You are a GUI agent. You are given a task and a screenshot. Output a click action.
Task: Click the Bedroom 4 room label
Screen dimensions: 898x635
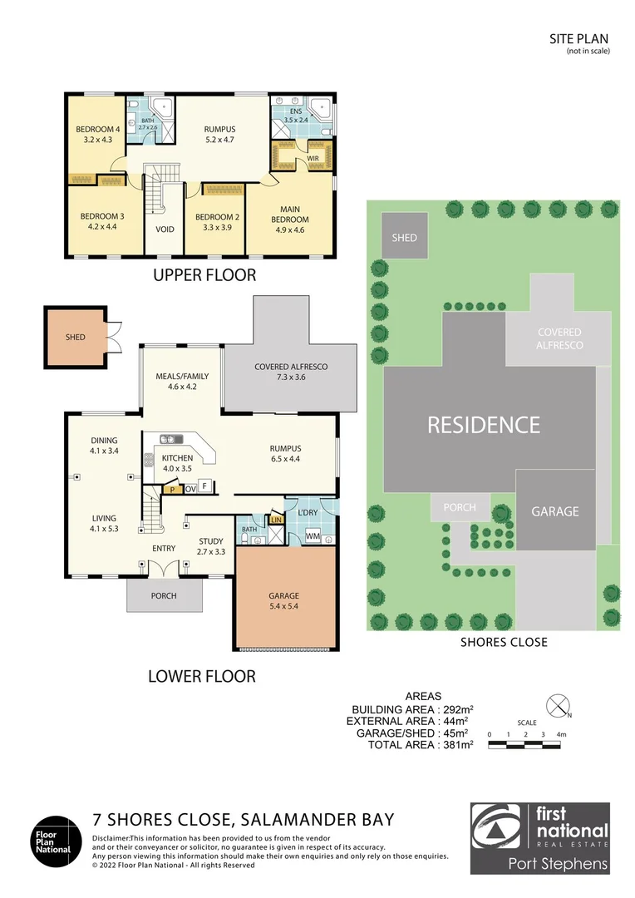click(98, 135)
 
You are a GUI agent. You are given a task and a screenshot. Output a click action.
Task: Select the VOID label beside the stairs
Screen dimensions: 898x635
click(165, 229)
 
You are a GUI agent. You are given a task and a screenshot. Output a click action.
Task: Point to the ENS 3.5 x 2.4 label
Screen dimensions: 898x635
click(296, 116)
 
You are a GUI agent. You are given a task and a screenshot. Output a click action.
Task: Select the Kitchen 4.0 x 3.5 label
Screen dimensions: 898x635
click(177, 463)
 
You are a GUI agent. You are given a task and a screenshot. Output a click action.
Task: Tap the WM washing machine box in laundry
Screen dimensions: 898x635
click(313, 537)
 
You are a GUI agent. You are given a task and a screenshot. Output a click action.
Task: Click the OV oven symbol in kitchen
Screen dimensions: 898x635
click(190, 489)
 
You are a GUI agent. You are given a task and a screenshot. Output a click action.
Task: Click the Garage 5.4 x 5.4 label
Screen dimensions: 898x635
click(283, 601)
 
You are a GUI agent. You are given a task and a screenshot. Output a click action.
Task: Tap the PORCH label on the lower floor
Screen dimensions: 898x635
click(164, 595)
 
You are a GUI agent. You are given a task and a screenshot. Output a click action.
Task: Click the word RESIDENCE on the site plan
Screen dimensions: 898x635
click(484, 425)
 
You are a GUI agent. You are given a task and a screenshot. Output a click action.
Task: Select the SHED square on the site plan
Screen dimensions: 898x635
click(405, 238)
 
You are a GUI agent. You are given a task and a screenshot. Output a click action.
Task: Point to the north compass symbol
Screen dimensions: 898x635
click(559, 704)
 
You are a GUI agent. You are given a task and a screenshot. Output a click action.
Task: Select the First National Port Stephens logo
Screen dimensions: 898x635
click(539, 838)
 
